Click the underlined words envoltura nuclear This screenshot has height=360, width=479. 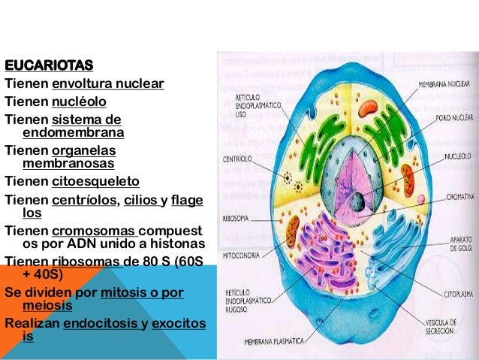(107, 83)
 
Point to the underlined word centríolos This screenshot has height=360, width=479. (83, 200)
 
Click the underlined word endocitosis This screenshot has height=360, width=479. (101, 323)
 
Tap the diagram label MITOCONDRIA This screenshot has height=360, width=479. (241, 253)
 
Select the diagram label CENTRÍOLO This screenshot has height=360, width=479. (237, 159)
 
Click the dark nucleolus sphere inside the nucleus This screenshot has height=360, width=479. (359, 201)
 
